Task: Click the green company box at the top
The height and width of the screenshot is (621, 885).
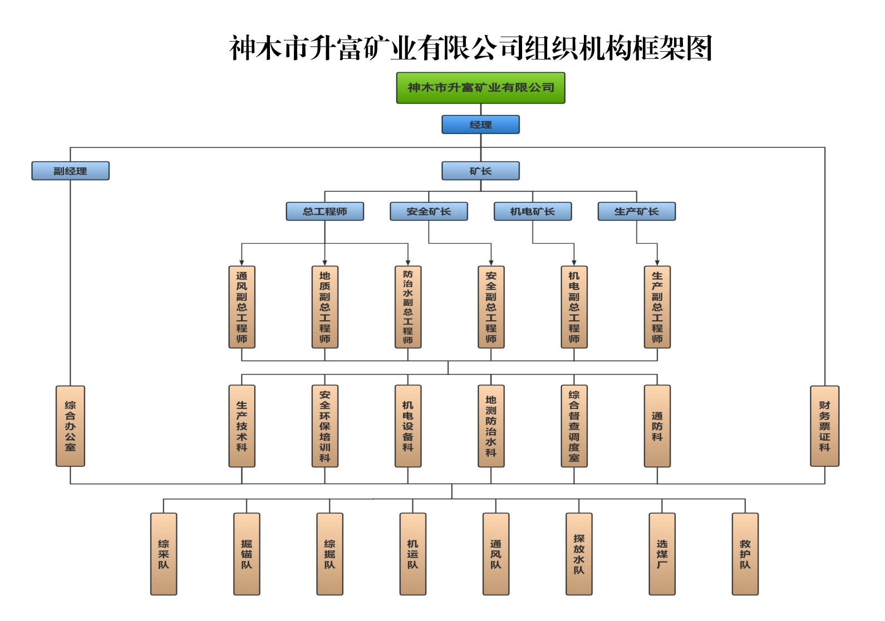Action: (480, 88)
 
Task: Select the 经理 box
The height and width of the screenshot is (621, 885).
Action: (480, 125)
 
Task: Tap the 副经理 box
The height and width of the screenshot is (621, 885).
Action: (70, 171)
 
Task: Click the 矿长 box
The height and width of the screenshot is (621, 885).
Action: (480, 171)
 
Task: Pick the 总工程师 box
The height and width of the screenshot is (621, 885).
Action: (324, 211)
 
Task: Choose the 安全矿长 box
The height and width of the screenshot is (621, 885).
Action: (429, 211)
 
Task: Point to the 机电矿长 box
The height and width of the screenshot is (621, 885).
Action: (533, 211)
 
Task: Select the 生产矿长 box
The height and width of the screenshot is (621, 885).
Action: (636, 211)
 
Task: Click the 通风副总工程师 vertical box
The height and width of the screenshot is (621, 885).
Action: (242, 307)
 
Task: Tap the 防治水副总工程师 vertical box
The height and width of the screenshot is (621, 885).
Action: (408, 307)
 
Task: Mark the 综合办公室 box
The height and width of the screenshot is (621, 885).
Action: (70, 426)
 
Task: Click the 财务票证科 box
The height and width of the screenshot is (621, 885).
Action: (824, 426)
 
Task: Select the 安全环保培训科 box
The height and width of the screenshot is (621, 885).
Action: (324, 426)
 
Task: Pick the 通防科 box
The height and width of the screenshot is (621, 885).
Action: (657, 426)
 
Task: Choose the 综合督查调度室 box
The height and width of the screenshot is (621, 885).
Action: (574, 426)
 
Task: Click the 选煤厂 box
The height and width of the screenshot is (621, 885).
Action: (662, 554)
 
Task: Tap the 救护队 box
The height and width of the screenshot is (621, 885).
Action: (745, 554)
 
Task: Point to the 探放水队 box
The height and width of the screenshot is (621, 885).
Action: (579, 554)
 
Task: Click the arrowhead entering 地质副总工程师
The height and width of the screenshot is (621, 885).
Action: (324, 262)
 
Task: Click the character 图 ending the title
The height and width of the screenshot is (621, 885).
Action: (699, 48)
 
